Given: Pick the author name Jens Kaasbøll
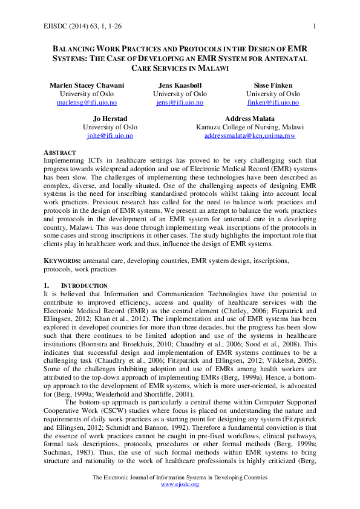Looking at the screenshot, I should [180, 86].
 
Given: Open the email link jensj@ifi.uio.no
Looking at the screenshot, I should [180, 103].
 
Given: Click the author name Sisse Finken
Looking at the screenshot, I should [272, 86].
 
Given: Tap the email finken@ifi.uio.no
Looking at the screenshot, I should [272, 103].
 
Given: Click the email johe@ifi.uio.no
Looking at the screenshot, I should [110, 136].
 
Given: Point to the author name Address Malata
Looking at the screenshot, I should [250, 118].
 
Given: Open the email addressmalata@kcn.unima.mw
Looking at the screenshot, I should [250, 136].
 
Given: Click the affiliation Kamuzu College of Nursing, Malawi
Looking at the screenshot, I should [250, 128].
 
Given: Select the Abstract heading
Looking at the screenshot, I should [60, 152].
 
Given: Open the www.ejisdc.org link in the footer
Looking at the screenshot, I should [180, 485].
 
